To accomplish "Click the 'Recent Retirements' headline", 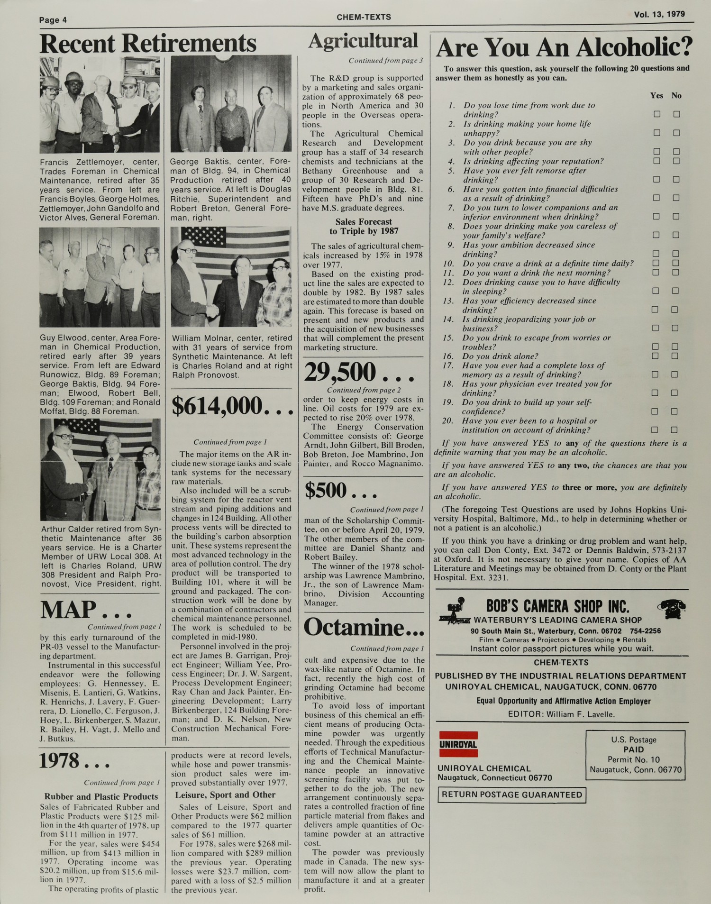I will coord(148,44).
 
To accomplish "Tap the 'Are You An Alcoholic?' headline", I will coord(564,47).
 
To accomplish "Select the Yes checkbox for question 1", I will coord(657,114).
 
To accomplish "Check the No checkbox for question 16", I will coord(675,356).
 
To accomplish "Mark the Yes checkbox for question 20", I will coord(655,430).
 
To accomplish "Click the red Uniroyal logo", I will coord(458,745).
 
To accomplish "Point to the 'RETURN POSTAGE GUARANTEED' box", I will coord(511,795).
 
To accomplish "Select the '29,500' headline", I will coord(359,373).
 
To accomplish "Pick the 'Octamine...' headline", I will coord(364,628).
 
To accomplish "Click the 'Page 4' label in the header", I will coord(53,20).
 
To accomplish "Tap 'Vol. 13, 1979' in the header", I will coord(659,14).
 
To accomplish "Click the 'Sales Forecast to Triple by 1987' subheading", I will coord(364,227).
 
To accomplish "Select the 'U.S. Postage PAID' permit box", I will coord(635,755).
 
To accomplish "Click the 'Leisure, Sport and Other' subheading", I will coord(225,795).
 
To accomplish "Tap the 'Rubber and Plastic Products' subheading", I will coord(101,797).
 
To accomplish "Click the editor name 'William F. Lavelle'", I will coord(581,714).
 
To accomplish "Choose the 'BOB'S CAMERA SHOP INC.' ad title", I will coord(557,607).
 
